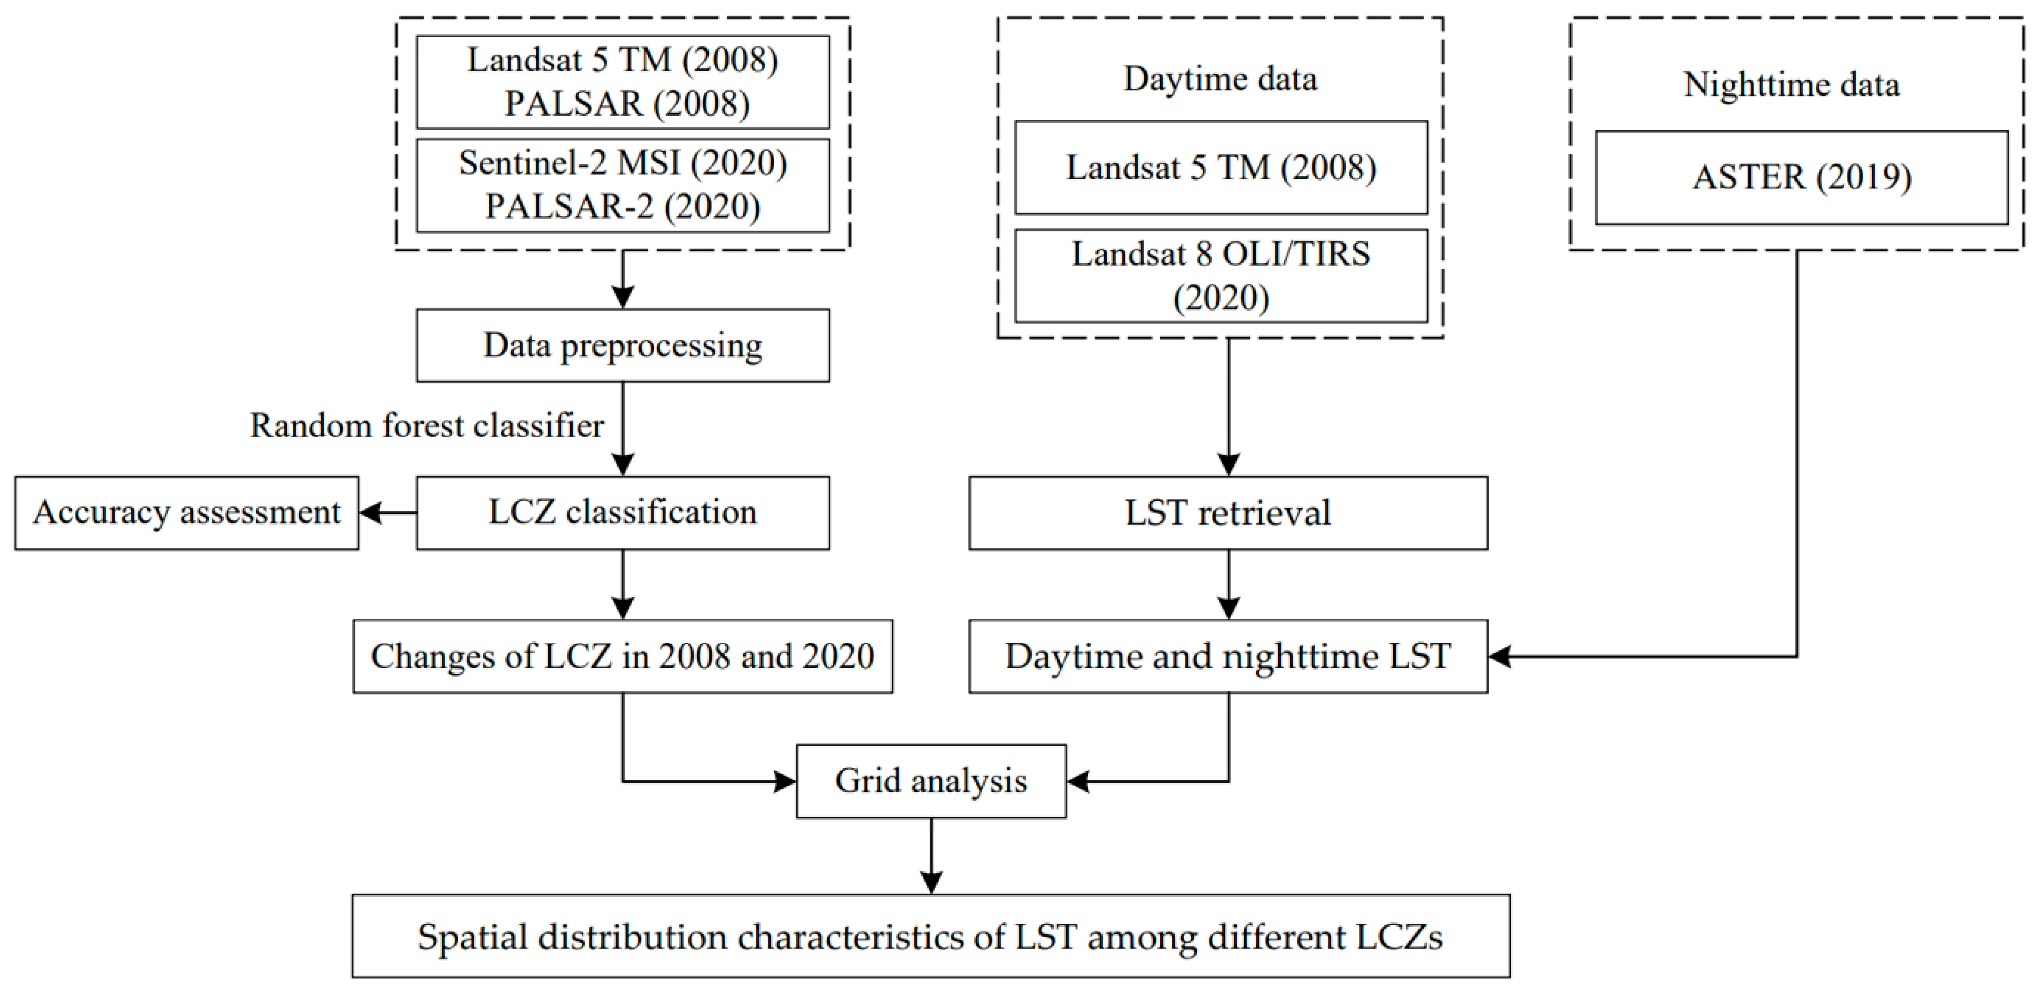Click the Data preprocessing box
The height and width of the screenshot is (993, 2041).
[623, 346]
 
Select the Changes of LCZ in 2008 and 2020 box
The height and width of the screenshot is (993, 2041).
[623, 657]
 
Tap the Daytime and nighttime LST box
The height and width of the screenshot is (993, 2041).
[1228, 657]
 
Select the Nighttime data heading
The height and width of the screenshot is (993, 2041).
[1791, 85]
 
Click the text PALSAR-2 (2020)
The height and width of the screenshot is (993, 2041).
[623, 207]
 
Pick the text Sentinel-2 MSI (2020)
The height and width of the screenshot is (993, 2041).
[623, 163]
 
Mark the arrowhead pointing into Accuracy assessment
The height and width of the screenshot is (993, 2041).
[369, 513]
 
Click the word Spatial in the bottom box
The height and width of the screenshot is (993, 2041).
[472, 938]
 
